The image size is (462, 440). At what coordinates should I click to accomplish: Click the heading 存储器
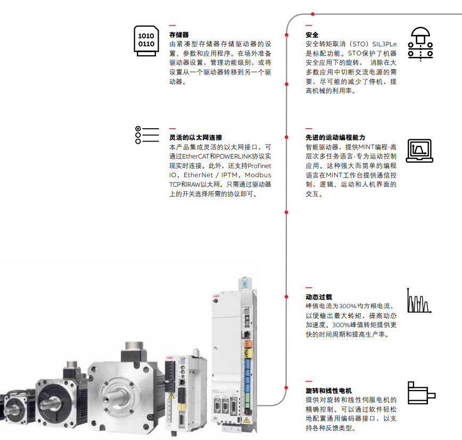point(179,35)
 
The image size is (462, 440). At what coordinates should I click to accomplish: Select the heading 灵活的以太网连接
point(195,137)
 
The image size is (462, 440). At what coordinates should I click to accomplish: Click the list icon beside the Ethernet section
point(147,135)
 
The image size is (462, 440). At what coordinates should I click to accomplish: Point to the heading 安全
point(312,35)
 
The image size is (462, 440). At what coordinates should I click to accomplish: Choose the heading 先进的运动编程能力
point(335,137)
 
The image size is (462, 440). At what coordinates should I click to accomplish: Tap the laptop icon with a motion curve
point(419,151)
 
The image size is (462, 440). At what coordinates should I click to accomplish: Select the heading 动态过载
point(319,297)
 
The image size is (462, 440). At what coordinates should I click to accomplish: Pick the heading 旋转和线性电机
point(328,391)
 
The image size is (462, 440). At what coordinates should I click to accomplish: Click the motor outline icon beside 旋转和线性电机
point(420,394)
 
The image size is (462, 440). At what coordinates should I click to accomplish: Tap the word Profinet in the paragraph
point(259,165)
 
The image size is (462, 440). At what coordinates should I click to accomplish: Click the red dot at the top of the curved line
point(312,14)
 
